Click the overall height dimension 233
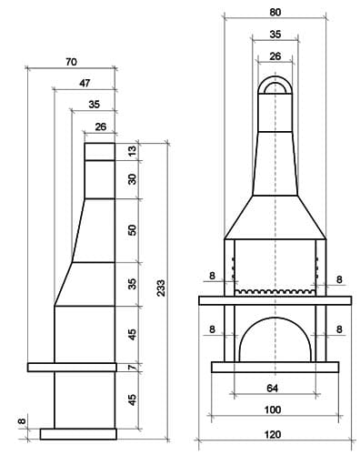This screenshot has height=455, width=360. (x=161, y=288)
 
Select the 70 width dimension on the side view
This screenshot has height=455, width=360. (x=71, y=62)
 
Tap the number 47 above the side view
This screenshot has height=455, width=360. (x=85, y=83)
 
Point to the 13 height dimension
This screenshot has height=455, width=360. (x=132, y=151)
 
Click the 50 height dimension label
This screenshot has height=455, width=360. (x=132, y=230)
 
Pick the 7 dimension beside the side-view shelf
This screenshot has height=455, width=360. (x=133, y=367)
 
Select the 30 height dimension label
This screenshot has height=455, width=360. (x=132, y=179)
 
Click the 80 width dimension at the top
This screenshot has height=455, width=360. (x=275, y=13)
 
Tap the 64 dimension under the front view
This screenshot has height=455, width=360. (x=273, y=388)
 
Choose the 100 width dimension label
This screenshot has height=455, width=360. (x=273, y=409)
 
